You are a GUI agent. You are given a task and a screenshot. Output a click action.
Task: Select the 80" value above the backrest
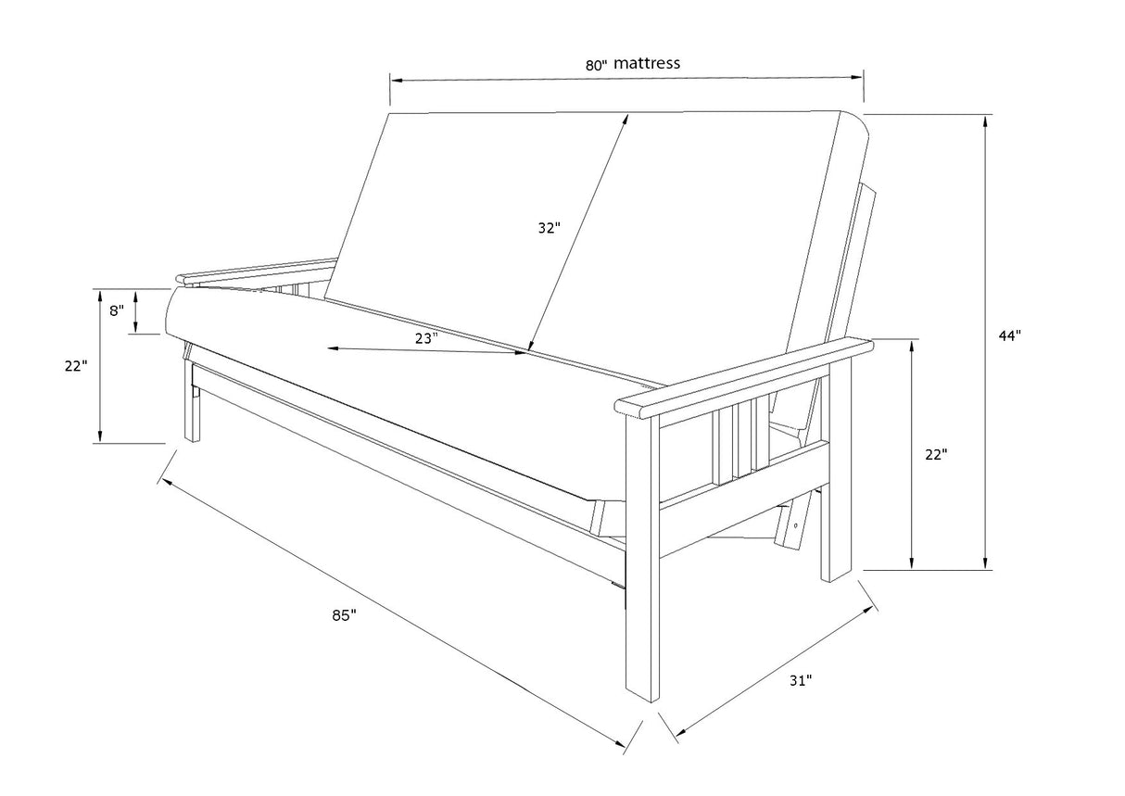point(597,64)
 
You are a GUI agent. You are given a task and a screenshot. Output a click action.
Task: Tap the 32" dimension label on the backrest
point(549,227)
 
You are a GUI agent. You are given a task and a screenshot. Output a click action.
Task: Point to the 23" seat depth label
point(425,338)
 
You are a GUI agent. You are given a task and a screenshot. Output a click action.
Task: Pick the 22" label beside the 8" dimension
point(76,366)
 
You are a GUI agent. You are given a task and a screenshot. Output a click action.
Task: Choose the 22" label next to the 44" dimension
point(935,455)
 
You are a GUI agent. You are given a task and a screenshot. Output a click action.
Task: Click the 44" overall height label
point(1009,335)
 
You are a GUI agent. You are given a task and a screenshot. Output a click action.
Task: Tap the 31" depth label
point(801,681)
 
